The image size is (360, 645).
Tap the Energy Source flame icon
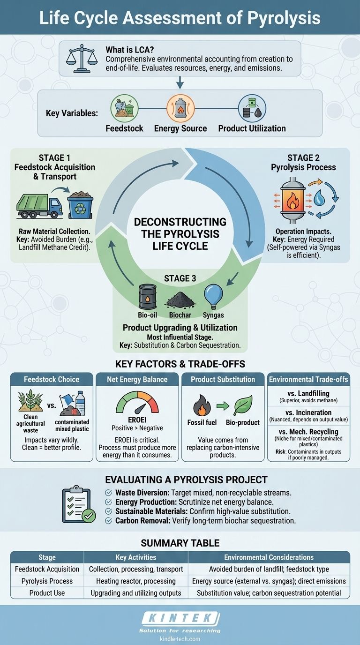click(x=180, y=109)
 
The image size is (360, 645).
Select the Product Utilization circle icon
click(x=252, y=109)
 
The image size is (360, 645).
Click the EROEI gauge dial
click(x=137, y=402)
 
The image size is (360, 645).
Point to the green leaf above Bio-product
click(x=243, y=403)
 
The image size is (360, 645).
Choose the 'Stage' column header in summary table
click(x=47, y=557)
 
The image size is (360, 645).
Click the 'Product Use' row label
click(x=47, y=592)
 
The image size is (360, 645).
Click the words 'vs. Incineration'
click(x=308, y=413)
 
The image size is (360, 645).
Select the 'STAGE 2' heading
click(x=303, y=158)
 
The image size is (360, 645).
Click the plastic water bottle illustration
click(x=80, y=404)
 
